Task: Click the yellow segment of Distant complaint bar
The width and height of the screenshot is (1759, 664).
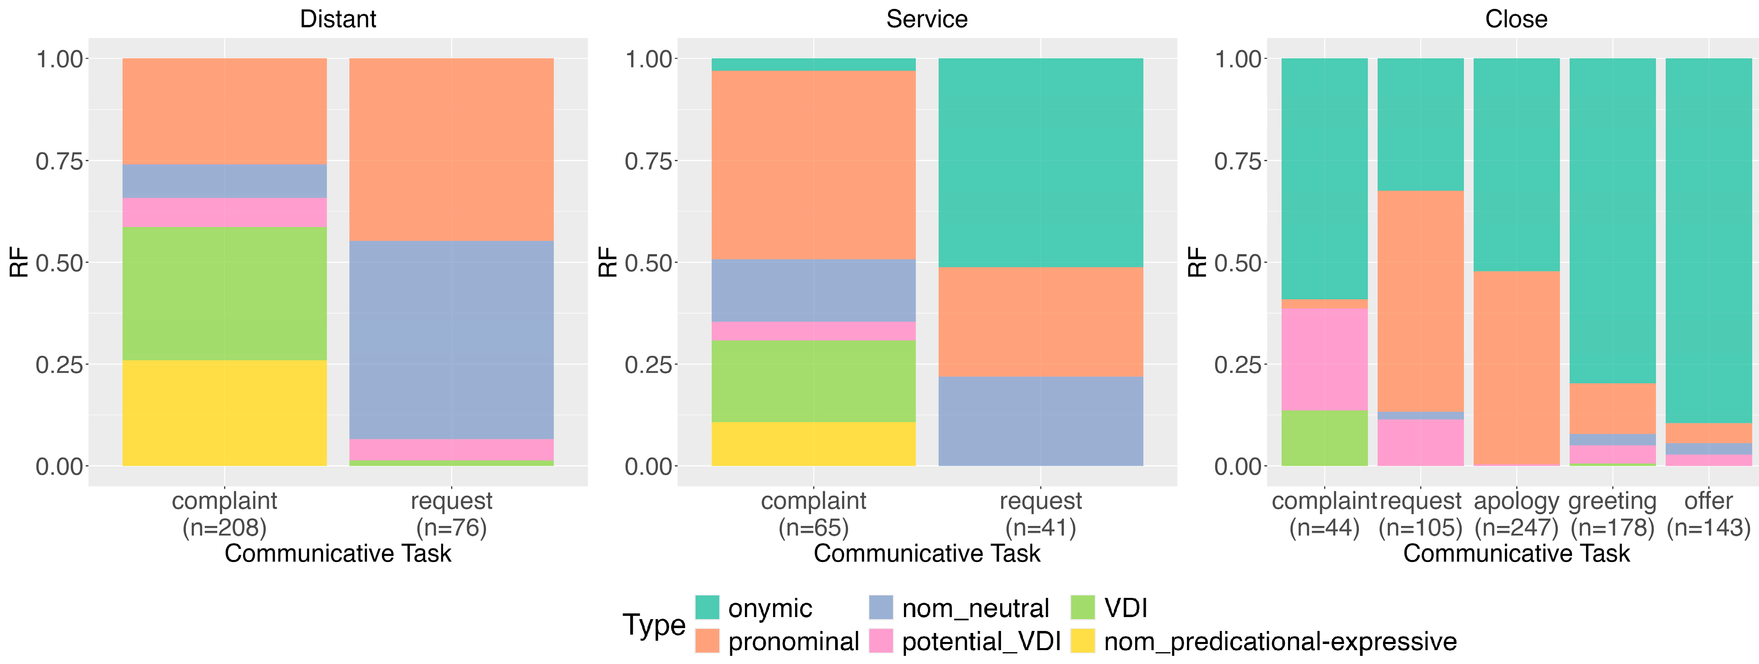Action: tap(225, 413)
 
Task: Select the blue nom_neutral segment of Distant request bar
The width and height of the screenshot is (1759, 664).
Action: tap(451, 340)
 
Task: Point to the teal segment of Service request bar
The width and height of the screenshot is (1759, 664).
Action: tap(1041, 162)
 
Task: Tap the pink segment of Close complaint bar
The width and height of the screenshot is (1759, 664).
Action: tap(1325, 359)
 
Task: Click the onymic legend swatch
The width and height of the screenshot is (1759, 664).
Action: tap(707, 607)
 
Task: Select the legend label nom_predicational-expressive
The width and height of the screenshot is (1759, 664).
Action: tap(1280, 642)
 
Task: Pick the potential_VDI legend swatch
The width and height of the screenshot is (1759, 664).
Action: tap(881, 641)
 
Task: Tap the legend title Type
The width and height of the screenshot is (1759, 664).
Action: tap(654, 624)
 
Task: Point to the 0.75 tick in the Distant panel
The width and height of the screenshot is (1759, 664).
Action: tap(60, 161)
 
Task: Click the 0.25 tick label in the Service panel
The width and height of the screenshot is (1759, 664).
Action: tap(649, 365)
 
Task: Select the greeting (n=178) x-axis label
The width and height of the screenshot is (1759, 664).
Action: tap(1612, 514)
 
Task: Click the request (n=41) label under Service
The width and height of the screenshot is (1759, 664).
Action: tap(1041, 514)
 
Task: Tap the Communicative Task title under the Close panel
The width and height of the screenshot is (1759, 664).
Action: tap(1516, 553)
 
